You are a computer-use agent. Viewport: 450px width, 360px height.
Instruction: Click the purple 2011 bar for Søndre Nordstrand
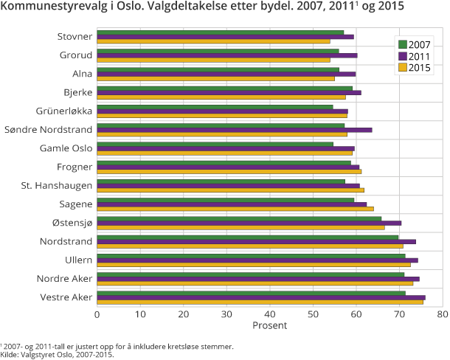(x=235, y=130)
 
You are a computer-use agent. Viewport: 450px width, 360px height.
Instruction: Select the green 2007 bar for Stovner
(x=220, y=32)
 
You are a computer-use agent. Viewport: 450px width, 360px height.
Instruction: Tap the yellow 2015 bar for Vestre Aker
(x=260, y=302)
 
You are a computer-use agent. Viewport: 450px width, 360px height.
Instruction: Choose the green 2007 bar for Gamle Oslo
(x=215, y=144)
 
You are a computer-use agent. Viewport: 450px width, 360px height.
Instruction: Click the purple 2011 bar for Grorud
(x=227, y=55)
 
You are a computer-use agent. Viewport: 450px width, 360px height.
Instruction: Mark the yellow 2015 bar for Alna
(x=215, y=78)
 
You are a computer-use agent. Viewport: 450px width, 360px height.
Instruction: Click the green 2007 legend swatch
(x=403, y=43)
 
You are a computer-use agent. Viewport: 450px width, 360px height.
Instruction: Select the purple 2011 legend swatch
(x=403, y=56)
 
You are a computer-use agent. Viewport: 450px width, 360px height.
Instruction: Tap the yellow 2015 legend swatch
(x=403, y=69)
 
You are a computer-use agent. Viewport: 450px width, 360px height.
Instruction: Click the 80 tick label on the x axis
(x=442, y=314)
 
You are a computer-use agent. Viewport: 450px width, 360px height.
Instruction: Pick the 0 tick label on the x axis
(x=97, y=314)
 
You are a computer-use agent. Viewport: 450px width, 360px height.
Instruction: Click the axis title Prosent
(x=269, y=325)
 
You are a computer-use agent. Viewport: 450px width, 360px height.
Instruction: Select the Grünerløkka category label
(x=64, y=111)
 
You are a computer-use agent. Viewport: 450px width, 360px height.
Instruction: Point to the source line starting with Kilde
(x=58, y=354)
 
